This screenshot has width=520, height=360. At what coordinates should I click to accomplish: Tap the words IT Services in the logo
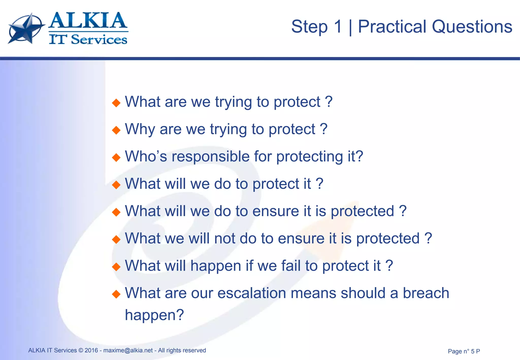point(88,40)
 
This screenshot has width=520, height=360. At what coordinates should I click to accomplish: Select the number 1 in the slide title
point(338,27)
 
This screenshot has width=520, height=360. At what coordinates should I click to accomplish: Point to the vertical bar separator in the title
point(350,27)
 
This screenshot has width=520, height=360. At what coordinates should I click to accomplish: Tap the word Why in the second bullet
point(140,129)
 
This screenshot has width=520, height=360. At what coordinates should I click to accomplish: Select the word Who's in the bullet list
point(146,156)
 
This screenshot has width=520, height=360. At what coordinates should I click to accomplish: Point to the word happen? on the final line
point(154,315)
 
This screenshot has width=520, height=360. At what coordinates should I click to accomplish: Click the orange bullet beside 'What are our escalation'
point(116,294)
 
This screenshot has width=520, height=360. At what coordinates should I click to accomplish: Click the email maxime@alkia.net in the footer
point(128,350)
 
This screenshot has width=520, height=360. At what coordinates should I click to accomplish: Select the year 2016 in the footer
point(91,350)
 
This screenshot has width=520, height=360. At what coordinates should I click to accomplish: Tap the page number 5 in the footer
point(473,351)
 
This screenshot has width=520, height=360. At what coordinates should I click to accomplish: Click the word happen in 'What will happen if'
point(216,266)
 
